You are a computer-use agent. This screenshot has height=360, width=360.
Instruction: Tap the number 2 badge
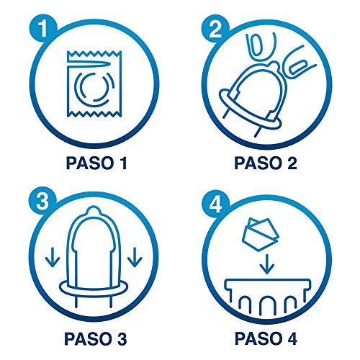pyautogui.click(x=215, y=31)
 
